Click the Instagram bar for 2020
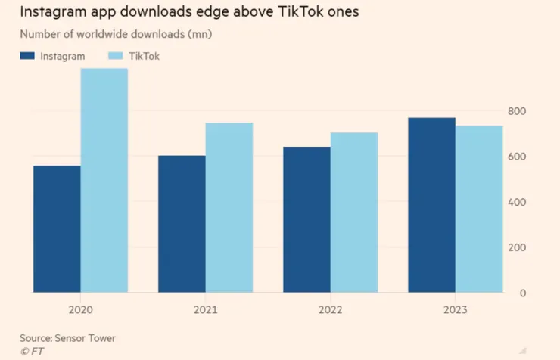(57, 229)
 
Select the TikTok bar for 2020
(104, 180)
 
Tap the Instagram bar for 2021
(182, 224)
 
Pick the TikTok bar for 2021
(229, 207)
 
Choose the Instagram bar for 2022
(306, 219)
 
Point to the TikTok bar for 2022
(354, 213)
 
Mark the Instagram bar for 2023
(431, 205)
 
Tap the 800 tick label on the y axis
(517, 112)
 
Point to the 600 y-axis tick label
(517, 157)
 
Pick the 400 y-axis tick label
(517, 203)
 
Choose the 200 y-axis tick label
(517, 248)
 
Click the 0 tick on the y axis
(522, 293)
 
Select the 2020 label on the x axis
(80, 310)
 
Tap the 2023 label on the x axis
(455, 310)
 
